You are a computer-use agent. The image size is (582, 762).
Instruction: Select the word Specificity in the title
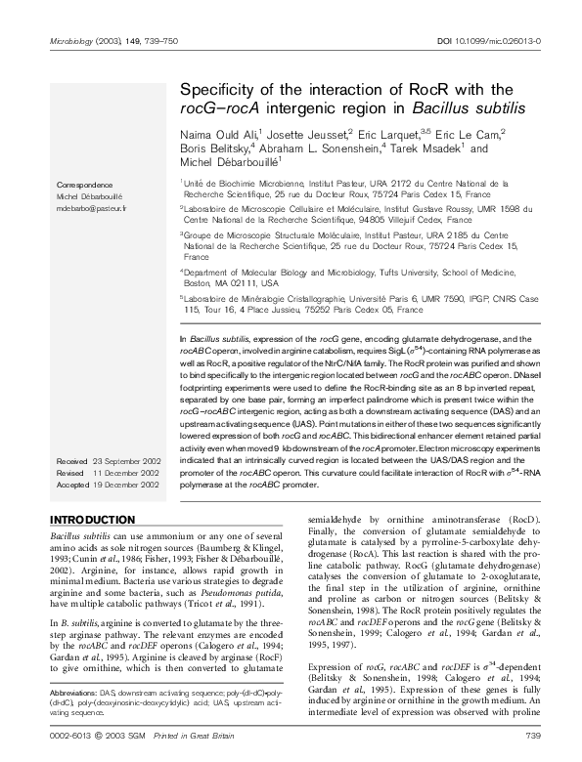tap(224, 90)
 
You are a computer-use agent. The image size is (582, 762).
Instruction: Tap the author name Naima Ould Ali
tap(219, 134)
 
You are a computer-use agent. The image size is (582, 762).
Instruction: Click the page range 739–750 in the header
tap(145, 41)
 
